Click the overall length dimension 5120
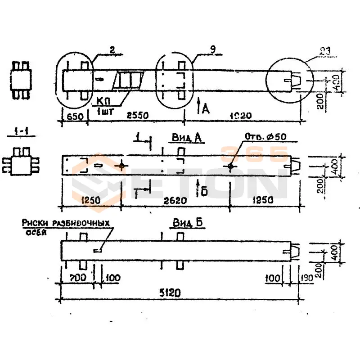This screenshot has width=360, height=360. click(171, 293)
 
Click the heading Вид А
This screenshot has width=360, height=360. click(186, 138)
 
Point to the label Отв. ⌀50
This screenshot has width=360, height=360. click(265, 137)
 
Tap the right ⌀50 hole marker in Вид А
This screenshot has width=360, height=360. click(230, 166)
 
